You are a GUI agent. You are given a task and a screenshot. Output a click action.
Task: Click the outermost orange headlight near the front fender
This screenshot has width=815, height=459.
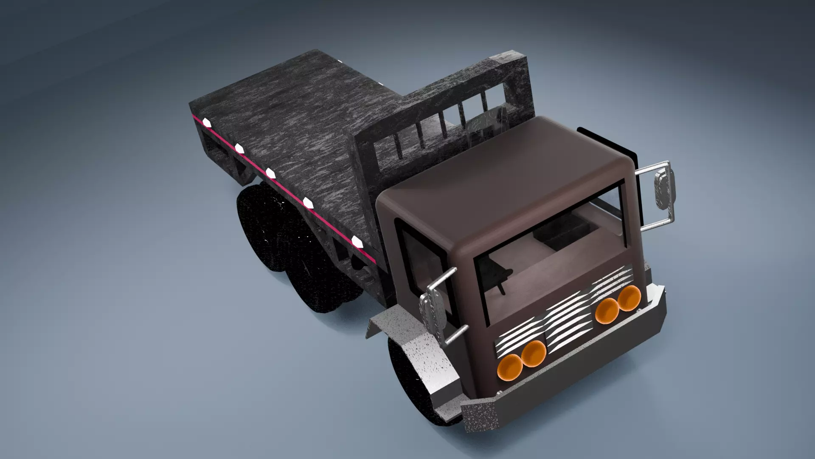[x=510, y=368]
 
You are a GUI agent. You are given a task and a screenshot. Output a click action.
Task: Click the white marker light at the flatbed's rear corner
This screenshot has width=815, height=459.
[x=207, y=123]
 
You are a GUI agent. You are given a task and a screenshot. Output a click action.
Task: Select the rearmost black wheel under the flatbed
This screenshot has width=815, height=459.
[x=255, y=229]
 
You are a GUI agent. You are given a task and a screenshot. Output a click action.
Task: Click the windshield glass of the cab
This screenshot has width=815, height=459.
[x=552, y=255]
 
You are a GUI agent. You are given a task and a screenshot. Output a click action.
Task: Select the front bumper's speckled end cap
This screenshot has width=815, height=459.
[x=480, y=416]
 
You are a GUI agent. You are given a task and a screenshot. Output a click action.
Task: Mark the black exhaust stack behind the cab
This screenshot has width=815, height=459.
[x=607, y=140]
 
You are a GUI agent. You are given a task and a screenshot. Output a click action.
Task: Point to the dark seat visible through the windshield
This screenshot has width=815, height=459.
[x=560, y=238]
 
